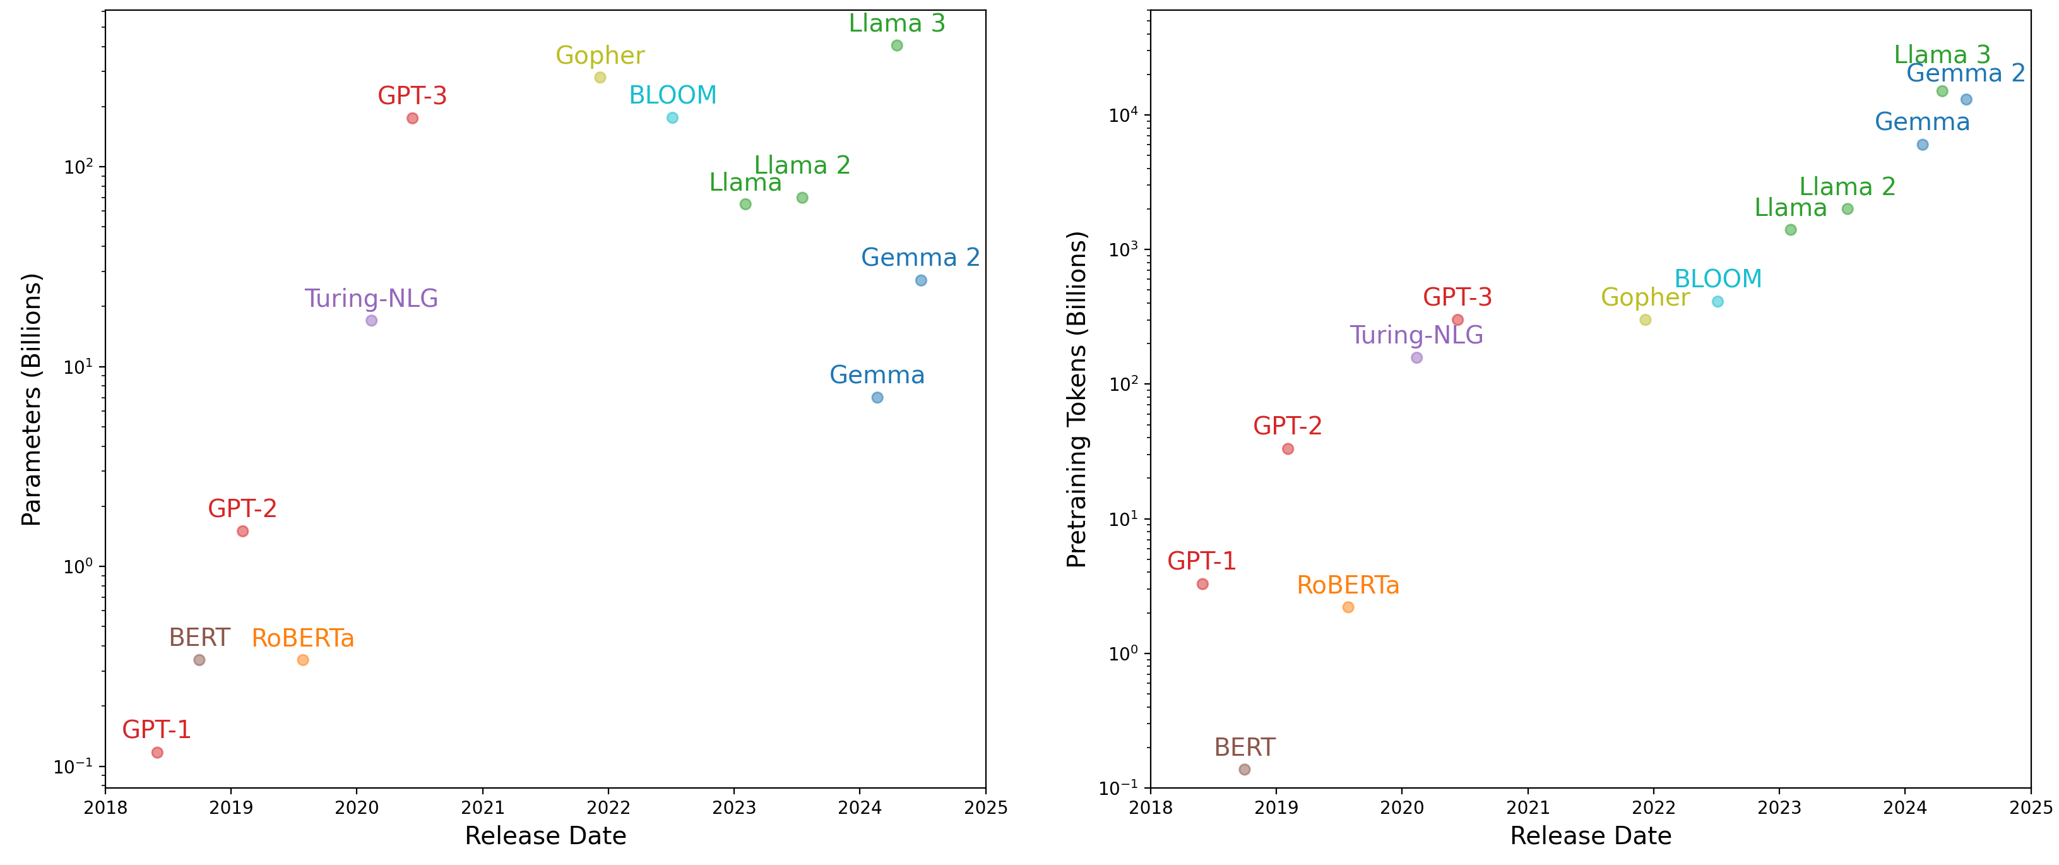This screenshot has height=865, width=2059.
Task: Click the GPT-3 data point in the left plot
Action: point(412,118)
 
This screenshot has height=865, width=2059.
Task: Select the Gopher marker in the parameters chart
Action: point(600,78)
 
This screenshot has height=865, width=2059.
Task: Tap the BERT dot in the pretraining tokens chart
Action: point(1245,770)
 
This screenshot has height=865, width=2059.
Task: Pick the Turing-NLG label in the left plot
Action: point(371,298)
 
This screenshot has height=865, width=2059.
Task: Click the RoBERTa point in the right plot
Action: point(1348,607)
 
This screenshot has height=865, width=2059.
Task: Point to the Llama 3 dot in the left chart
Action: point(897,45)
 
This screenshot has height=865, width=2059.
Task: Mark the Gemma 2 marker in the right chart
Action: point(1966,100)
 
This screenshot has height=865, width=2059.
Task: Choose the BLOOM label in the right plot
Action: point(1718,279)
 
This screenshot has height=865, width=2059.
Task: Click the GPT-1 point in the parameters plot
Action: point(157,752)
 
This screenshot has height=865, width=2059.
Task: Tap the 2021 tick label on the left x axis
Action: point(483,808)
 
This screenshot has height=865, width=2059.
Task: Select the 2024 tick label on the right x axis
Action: point(1905,808)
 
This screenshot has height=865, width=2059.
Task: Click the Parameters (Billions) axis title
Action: point(31,400)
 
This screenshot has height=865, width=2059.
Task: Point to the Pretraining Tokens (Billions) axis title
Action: point(1077,400)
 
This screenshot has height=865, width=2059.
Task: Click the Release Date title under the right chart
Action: point(1591,836)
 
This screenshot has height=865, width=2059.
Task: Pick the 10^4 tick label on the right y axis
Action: point(1123,116)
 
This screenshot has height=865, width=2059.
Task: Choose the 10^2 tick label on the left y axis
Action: point(78,167)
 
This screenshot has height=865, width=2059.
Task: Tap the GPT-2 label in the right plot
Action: point(1288,426)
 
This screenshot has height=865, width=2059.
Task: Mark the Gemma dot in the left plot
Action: point(877,397)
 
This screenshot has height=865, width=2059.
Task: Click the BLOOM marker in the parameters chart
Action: point(673,118)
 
